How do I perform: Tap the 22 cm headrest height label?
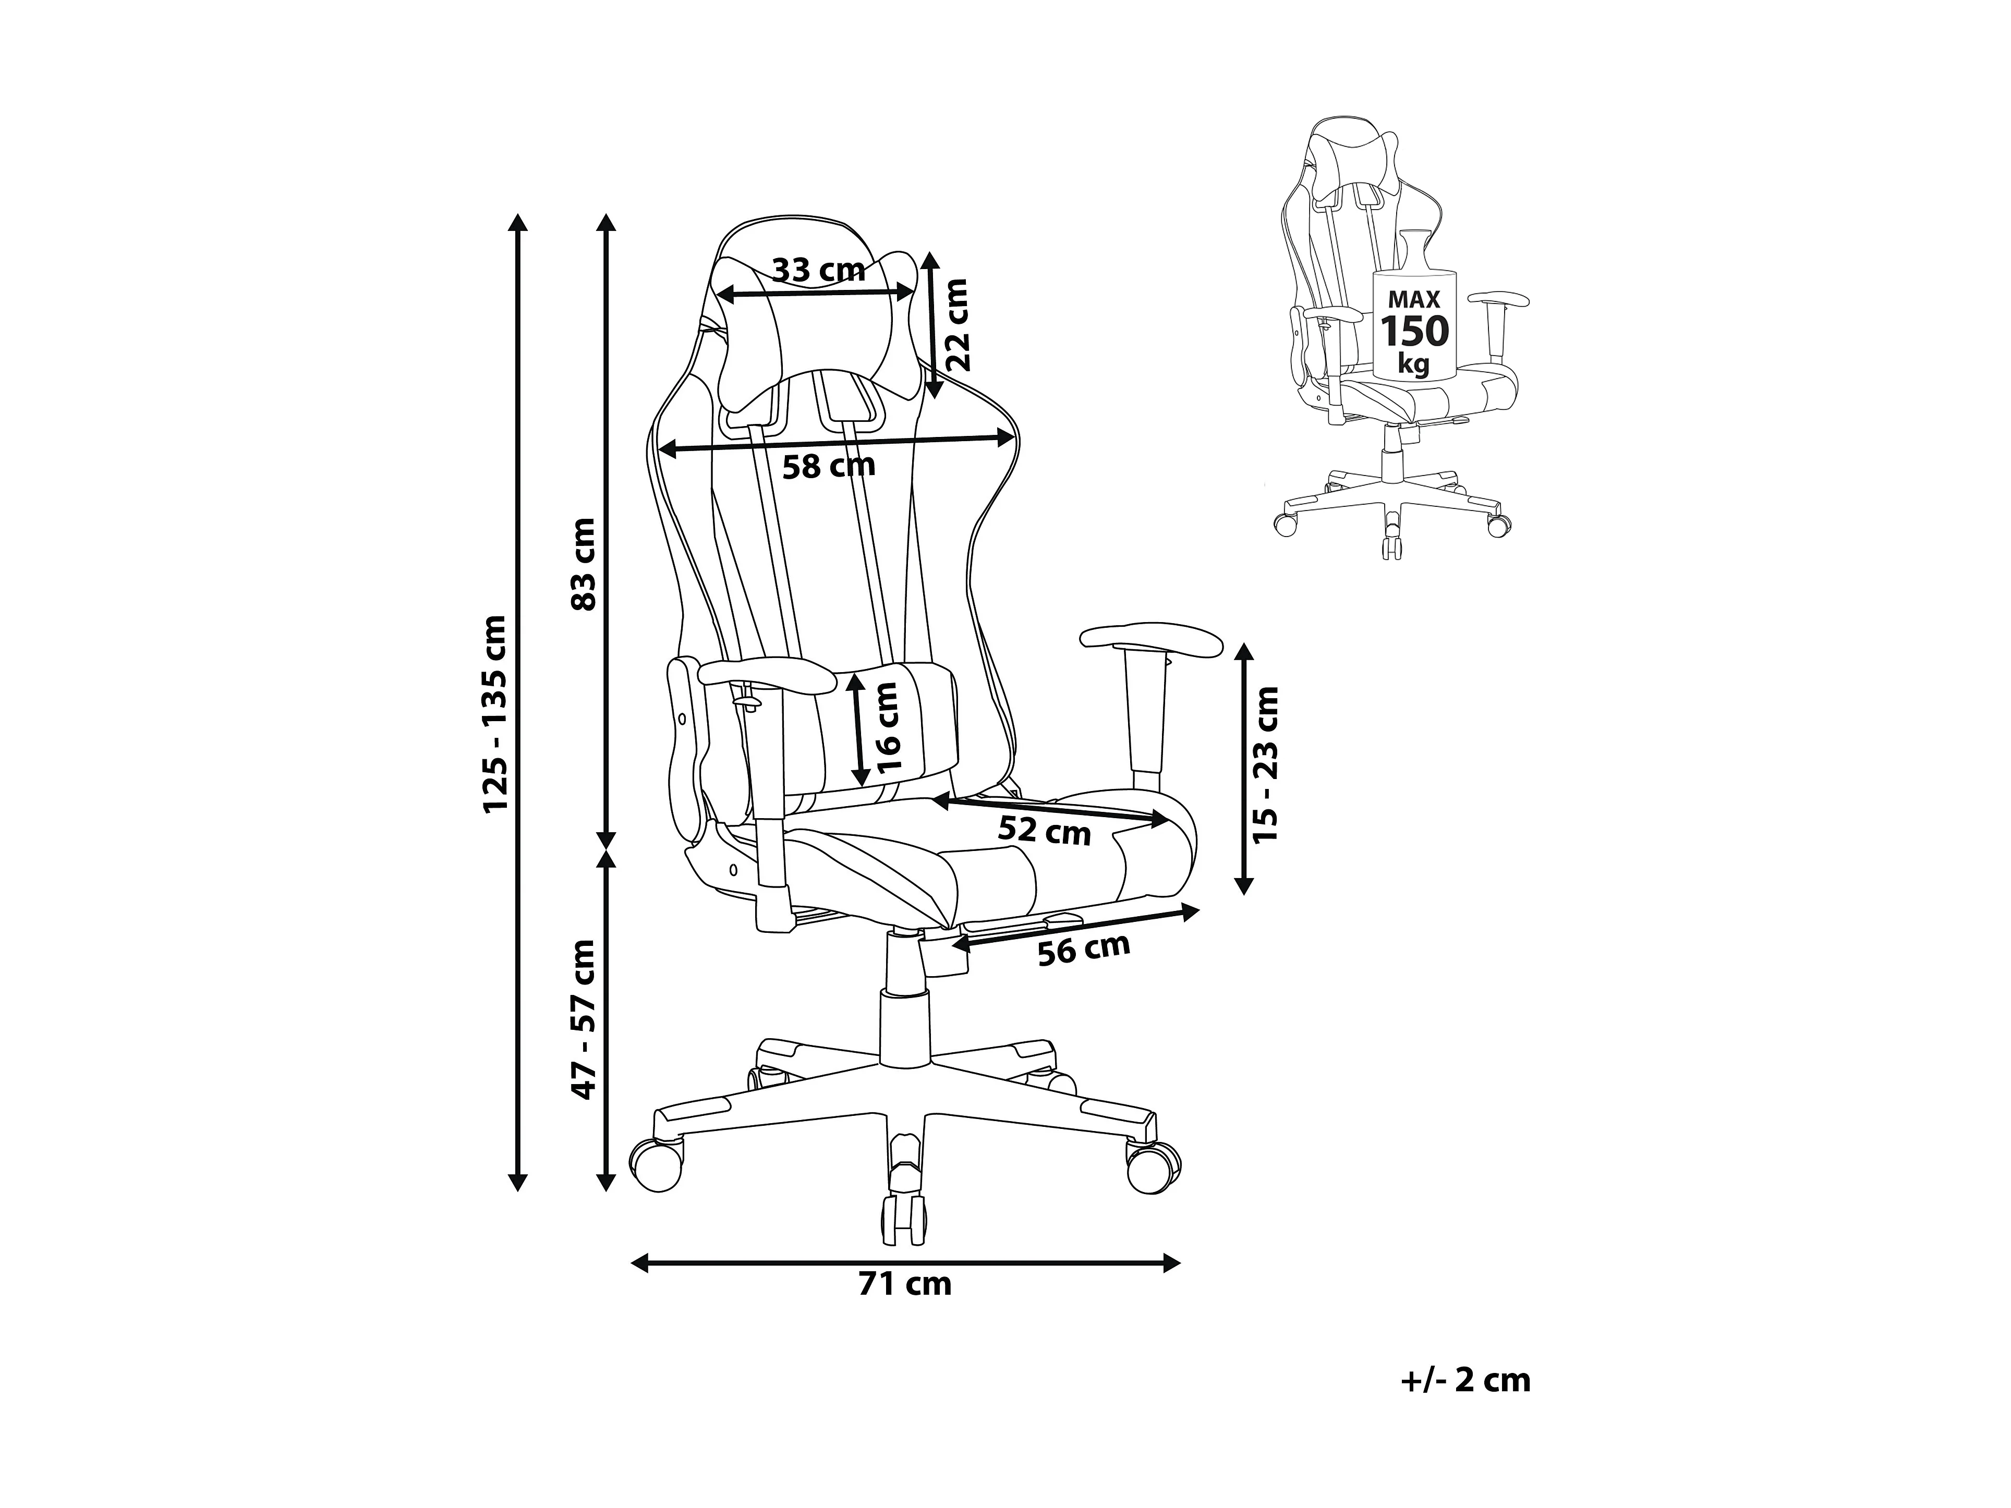(x=958, y=324)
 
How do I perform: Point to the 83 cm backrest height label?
(x=583, y=565)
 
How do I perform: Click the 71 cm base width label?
(x=905, y=1283)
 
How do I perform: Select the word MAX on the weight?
(x=1414, y=298)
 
